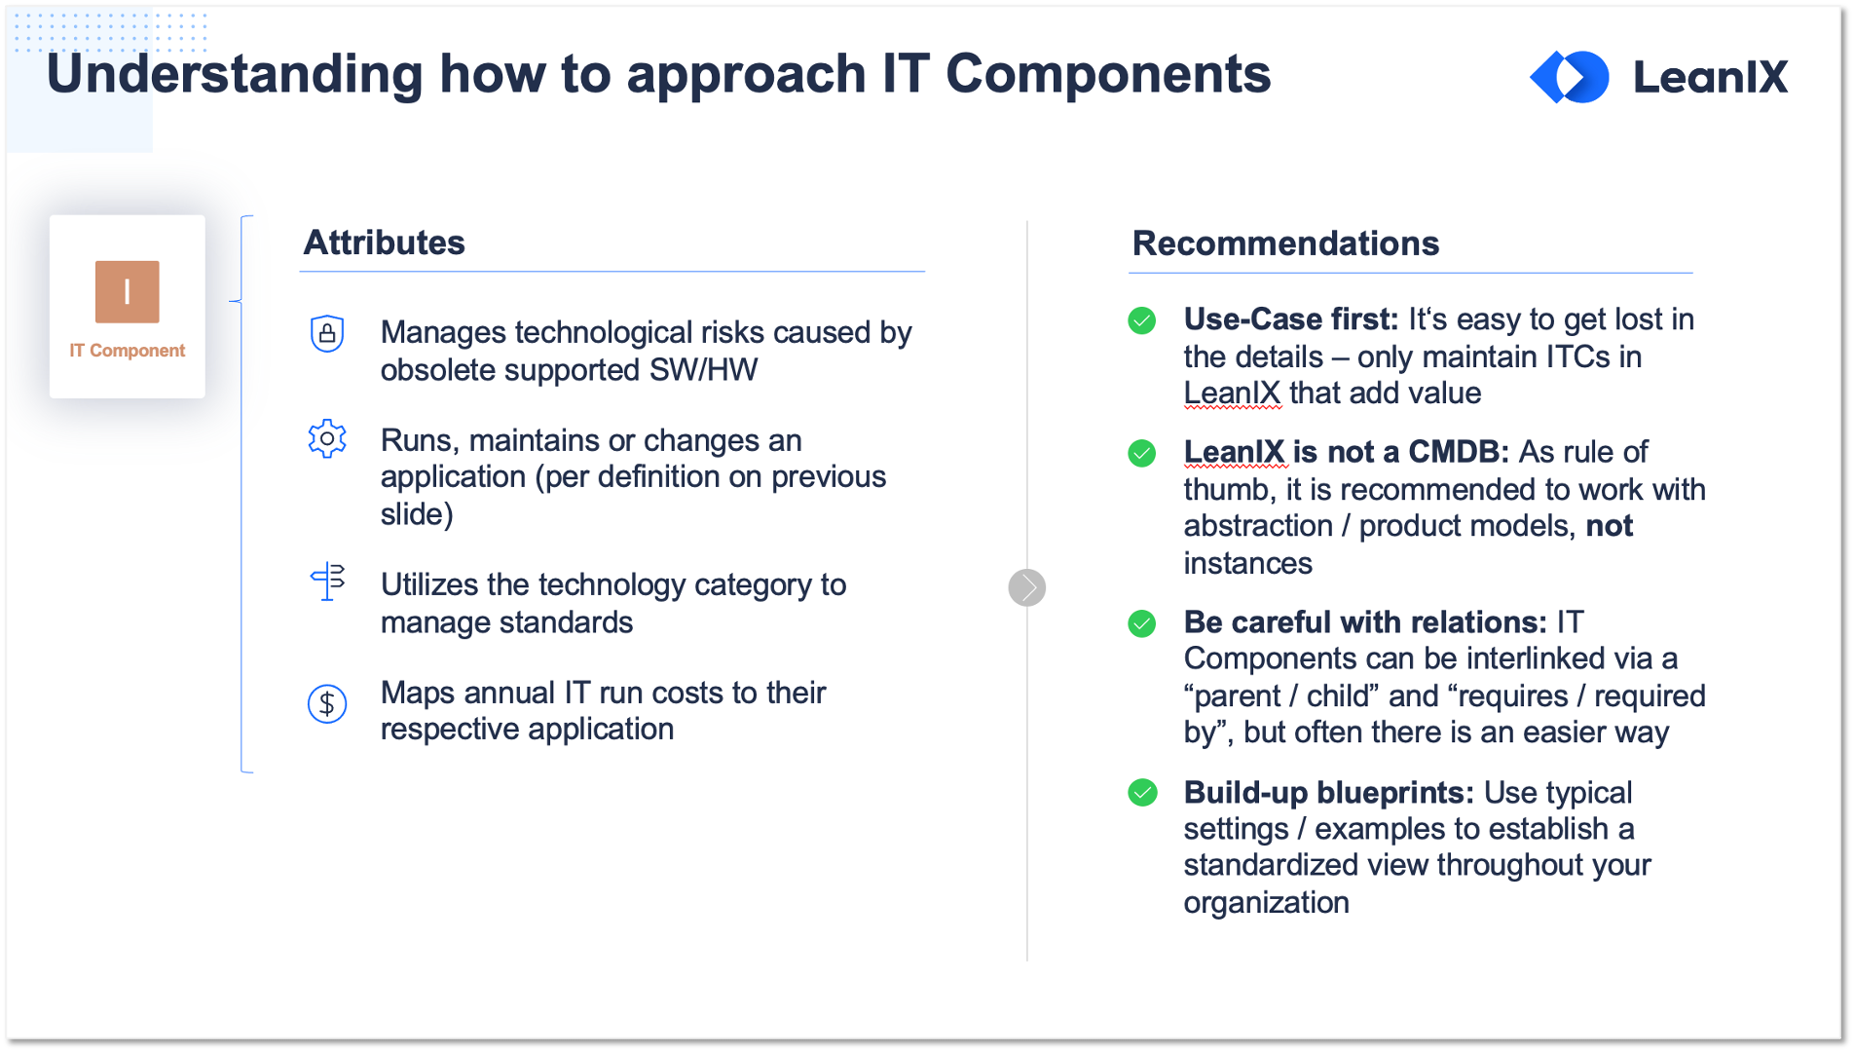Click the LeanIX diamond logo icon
click(x=1570, y=77)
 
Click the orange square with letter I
click(x=127, y=291)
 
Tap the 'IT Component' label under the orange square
click(x=127, y=351)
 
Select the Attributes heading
click(x=385, y=243)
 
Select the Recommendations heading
click(x=1285, y=244)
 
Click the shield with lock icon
click(x=327, y=334)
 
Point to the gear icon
click(x=327, y=439)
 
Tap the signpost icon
click(x=328, y=582)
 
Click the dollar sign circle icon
click(x=327, y=703)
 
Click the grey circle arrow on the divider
click(x=1027, y=587)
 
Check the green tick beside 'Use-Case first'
click(x=1142, y=320)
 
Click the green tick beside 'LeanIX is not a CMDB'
click(x=1142, y=453)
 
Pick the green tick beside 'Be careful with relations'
click(x=1142, y=623)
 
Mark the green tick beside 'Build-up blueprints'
click(x=1142, y=793)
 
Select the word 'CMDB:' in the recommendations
click(x=1459, y=452)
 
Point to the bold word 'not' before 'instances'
click(x=1610, y=526)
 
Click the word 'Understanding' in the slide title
click(x=235, y=74)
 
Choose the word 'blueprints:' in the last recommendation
click(x=1395, y=793)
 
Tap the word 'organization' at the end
click(x=1267, y=903)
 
